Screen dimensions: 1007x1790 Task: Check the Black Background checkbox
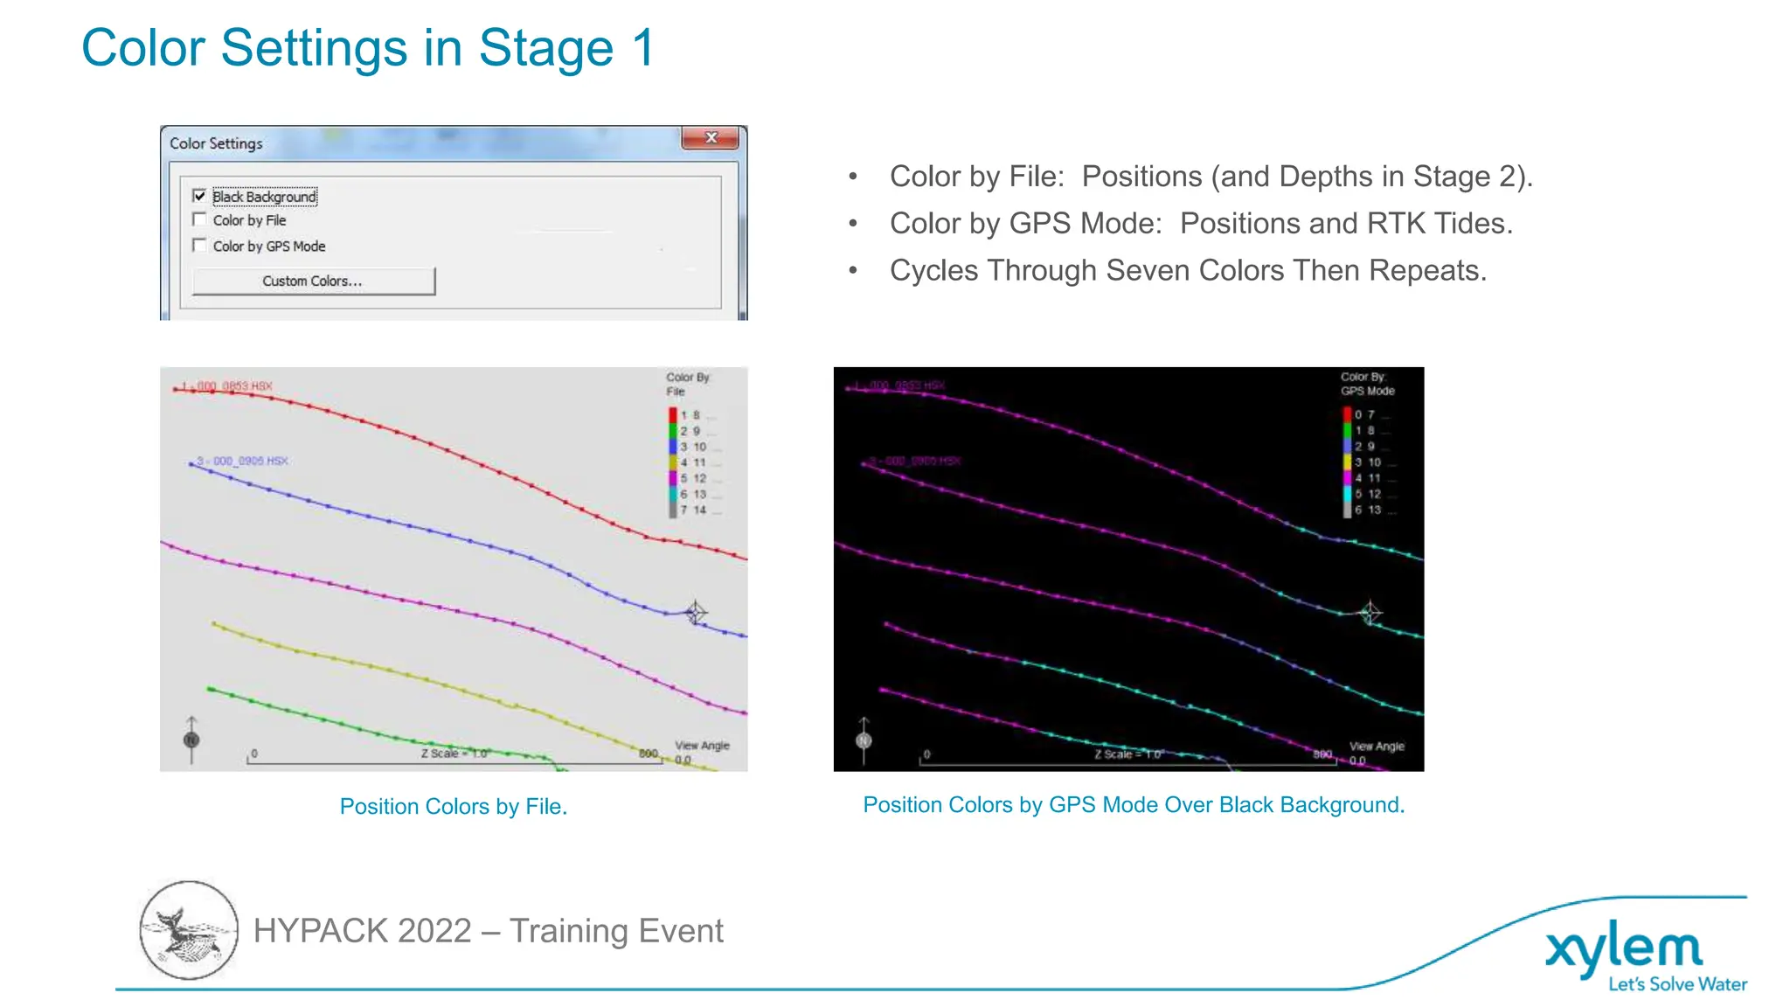pyautogui.click(x=199, y=196)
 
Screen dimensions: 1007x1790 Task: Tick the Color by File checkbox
pyautogui.click(x=199, y=219)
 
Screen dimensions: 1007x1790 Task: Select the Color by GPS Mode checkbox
pyautogui.click(x=199, y=246)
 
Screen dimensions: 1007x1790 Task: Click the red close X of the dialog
pyautogui.click(x=711, y=138)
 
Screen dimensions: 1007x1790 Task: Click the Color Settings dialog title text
pyautogui.click(x=216, y=143)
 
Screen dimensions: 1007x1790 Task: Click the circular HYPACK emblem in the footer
pyautogui.click(x=189, y=929)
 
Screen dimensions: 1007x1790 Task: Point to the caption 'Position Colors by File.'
pyautogui.click(x=453, y=806)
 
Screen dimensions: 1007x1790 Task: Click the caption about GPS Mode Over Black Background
pyautogui.click(x=1134, y=805)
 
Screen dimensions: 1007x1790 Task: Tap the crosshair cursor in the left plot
pyautogui.click(x=695, y=612)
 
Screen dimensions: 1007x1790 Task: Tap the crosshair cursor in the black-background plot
pyautogui.click(x=1370, y=612)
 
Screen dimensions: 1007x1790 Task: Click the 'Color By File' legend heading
pyautogui.click(x=687, y=384)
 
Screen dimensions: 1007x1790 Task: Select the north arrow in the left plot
pyautogui.click(x=191, y=739)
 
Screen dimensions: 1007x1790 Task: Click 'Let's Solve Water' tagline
pyautogui.click(x=1677, y=984)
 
